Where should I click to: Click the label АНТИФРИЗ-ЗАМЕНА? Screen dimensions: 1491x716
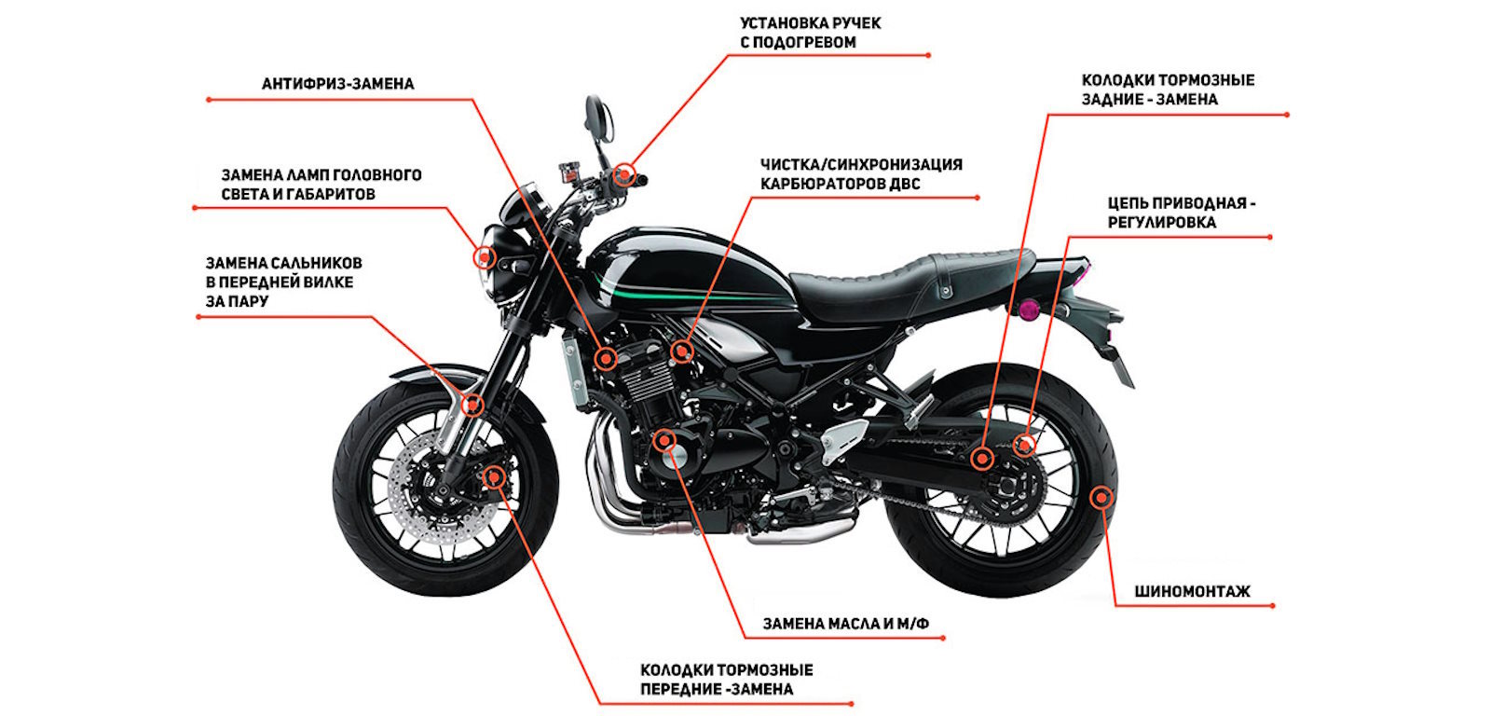(x=337, y=84)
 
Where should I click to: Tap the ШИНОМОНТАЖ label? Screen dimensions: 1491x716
(x=1192, y=591)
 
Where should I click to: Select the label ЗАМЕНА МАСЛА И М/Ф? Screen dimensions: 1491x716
(x=845, y=624)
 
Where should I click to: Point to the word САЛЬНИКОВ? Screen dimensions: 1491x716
(x=315, y=263)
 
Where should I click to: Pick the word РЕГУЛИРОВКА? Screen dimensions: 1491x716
(x=1161, y=223)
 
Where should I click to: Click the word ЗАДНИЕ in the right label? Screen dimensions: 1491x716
(x=1113, y=100)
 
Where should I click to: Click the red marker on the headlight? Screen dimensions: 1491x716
(x=485, y=256)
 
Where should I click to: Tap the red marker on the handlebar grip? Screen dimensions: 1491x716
(x=623, y=174)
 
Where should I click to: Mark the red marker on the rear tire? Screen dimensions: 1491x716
(x=1101, y=497)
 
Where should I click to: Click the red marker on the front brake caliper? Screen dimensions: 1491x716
(x=493, y=476)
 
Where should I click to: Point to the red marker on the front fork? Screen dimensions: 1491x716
(x=472, y=404)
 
